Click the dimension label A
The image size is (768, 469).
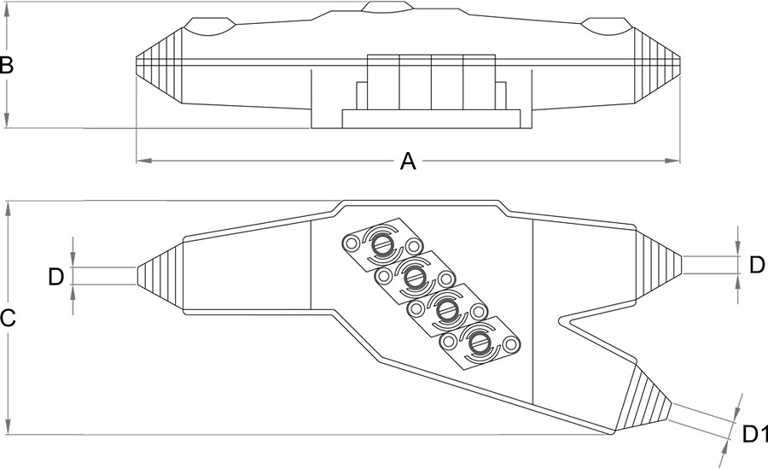click(408, 161)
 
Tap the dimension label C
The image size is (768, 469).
click(7, 319)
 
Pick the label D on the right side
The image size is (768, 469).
click(756, 265)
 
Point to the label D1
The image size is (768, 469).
click(751, 435)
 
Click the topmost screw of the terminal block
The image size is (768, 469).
click(381, 245)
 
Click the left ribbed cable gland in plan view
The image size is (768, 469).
click(160, 275)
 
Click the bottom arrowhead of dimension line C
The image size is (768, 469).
click(7, 429)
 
